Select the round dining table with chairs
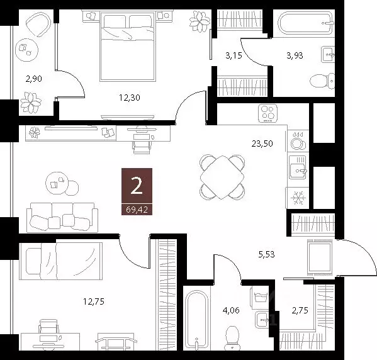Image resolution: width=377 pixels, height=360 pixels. coord(222,177)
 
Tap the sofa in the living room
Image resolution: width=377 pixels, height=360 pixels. coord(61,217)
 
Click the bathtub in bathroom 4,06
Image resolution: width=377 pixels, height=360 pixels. coord(198,318)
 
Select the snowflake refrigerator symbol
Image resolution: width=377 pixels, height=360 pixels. coord(296,198)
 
